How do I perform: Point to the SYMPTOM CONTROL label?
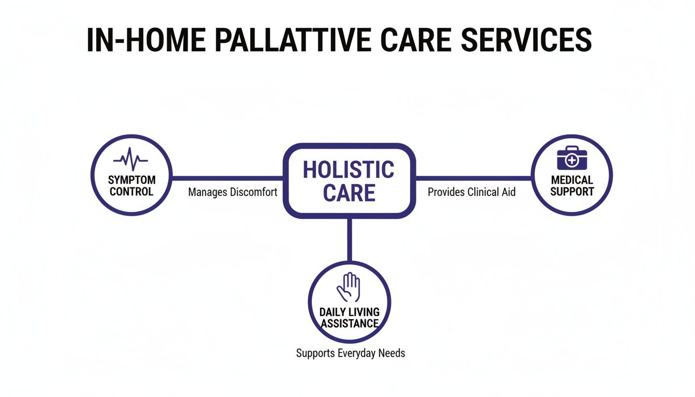(x=131, y=186)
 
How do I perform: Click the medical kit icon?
(x=571, y=158)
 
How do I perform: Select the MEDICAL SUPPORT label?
(x=571, y=186)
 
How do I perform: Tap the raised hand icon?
(x=349, y=287)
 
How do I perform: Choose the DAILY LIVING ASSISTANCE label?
(x=349, y=318)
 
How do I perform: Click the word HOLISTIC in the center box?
(x=349, y=170)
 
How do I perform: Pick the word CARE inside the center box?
(x=349, y=193)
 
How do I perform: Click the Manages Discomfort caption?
(x=233, y=192)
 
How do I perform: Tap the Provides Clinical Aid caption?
(x=471, y=192)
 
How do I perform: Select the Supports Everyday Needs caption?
(x=350, y=354)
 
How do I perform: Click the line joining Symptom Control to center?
(x=228, y=178)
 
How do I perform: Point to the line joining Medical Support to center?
(x=473, y=178)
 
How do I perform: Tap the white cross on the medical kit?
(x=571, y=161)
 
